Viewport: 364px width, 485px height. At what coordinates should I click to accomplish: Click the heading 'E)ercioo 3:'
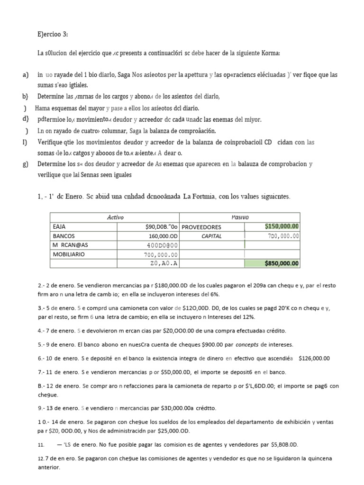53,34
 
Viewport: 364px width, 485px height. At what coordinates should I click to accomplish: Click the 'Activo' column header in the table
115,217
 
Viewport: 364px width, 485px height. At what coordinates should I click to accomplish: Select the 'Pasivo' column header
240,217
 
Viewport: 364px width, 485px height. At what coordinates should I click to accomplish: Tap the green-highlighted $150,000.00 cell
282,226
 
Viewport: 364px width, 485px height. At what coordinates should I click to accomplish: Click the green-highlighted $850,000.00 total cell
282,263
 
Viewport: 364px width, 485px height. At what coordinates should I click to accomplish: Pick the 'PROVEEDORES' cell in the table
202,227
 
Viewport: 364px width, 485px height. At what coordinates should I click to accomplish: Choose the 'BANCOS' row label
65,235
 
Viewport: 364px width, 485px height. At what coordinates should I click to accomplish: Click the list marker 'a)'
26,75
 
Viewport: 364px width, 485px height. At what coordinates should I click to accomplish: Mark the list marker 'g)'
26,164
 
